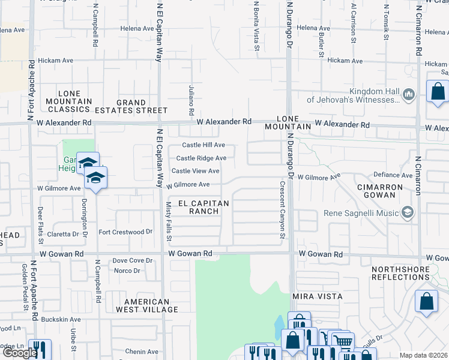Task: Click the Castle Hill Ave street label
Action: (x=203, y=145)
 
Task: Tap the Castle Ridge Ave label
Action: (x=201, y=158)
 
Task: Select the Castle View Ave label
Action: (x=196, y=171)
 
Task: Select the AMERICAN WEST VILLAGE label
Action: (x=151, y=305)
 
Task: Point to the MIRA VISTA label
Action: (x=317, y=297)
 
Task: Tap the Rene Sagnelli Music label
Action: (x=363, y=213)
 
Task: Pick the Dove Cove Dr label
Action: (x=132, y=260)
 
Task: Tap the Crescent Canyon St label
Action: (x=281, y=209)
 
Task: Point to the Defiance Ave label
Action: (x=393, y=175)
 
